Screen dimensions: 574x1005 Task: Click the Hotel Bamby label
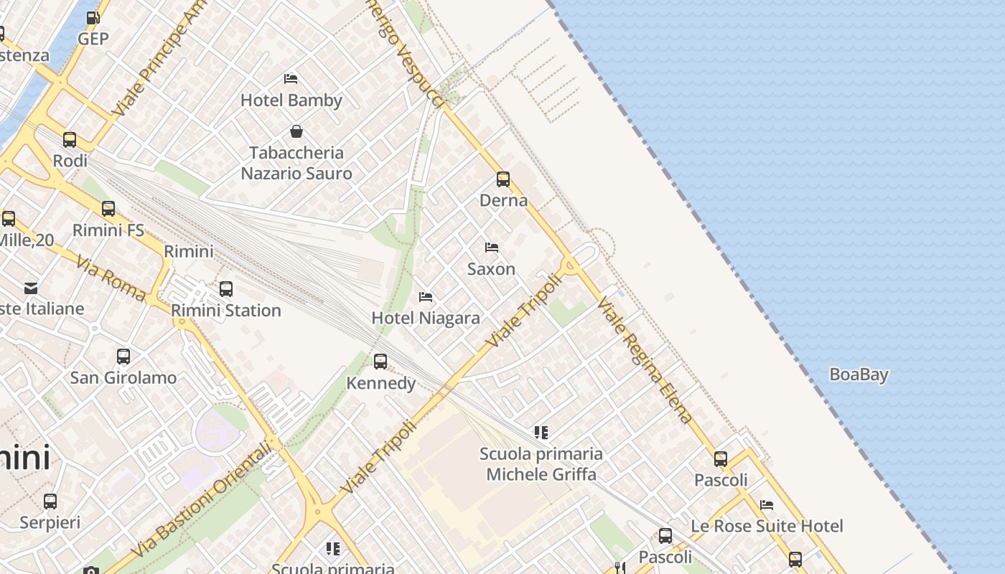pyautogui.click(x=291, y=100)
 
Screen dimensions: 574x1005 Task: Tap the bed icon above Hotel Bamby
pyautogui.click(x=291, y=78)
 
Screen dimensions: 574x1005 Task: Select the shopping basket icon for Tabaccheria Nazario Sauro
pyautogui.click(x=296, y=131)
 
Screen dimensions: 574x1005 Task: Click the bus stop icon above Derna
pyautogui.click(x=503, y=179)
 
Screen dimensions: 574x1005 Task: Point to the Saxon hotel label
pyautogui.click(x=491, y=269)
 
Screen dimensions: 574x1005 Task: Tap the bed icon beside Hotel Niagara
pyautogui.click(x=426, y=296)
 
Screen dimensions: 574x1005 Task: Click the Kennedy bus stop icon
pyautogui.click(x=380, y=362)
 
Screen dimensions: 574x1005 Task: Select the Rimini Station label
pyautogui.click(x=226, y=311)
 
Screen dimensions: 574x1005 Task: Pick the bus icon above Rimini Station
pyautogui.click(x=226, y=289)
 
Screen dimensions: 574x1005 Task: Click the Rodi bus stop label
pyautogui.click(x=70, y=161)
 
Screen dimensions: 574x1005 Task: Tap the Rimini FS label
pyautogui.click(x=108, y=231)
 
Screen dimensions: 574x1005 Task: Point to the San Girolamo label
pyautogui.click(x=123, y=377)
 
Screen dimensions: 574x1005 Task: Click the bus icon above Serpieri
pyautogui.click(x=50, y=501)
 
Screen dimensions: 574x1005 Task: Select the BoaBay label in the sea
pyautogui.click(x=859, y=375)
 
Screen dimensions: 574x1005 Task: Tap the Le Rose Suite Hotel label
pyautogui.click(x=767, y=526)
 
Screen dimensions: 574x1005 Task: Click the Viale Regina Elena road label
pyautogui.click(x=645, y=360)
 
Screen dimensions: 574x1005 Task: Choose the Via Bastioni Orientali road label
pyautogui.click(x=202, y=500)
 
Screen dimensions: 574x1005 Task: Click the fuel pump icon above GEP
pyautogui.click(x=93, y=18)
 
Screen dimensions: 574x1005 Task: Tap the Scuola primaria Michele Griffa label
pyautogui.click(x=541, y=464)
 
